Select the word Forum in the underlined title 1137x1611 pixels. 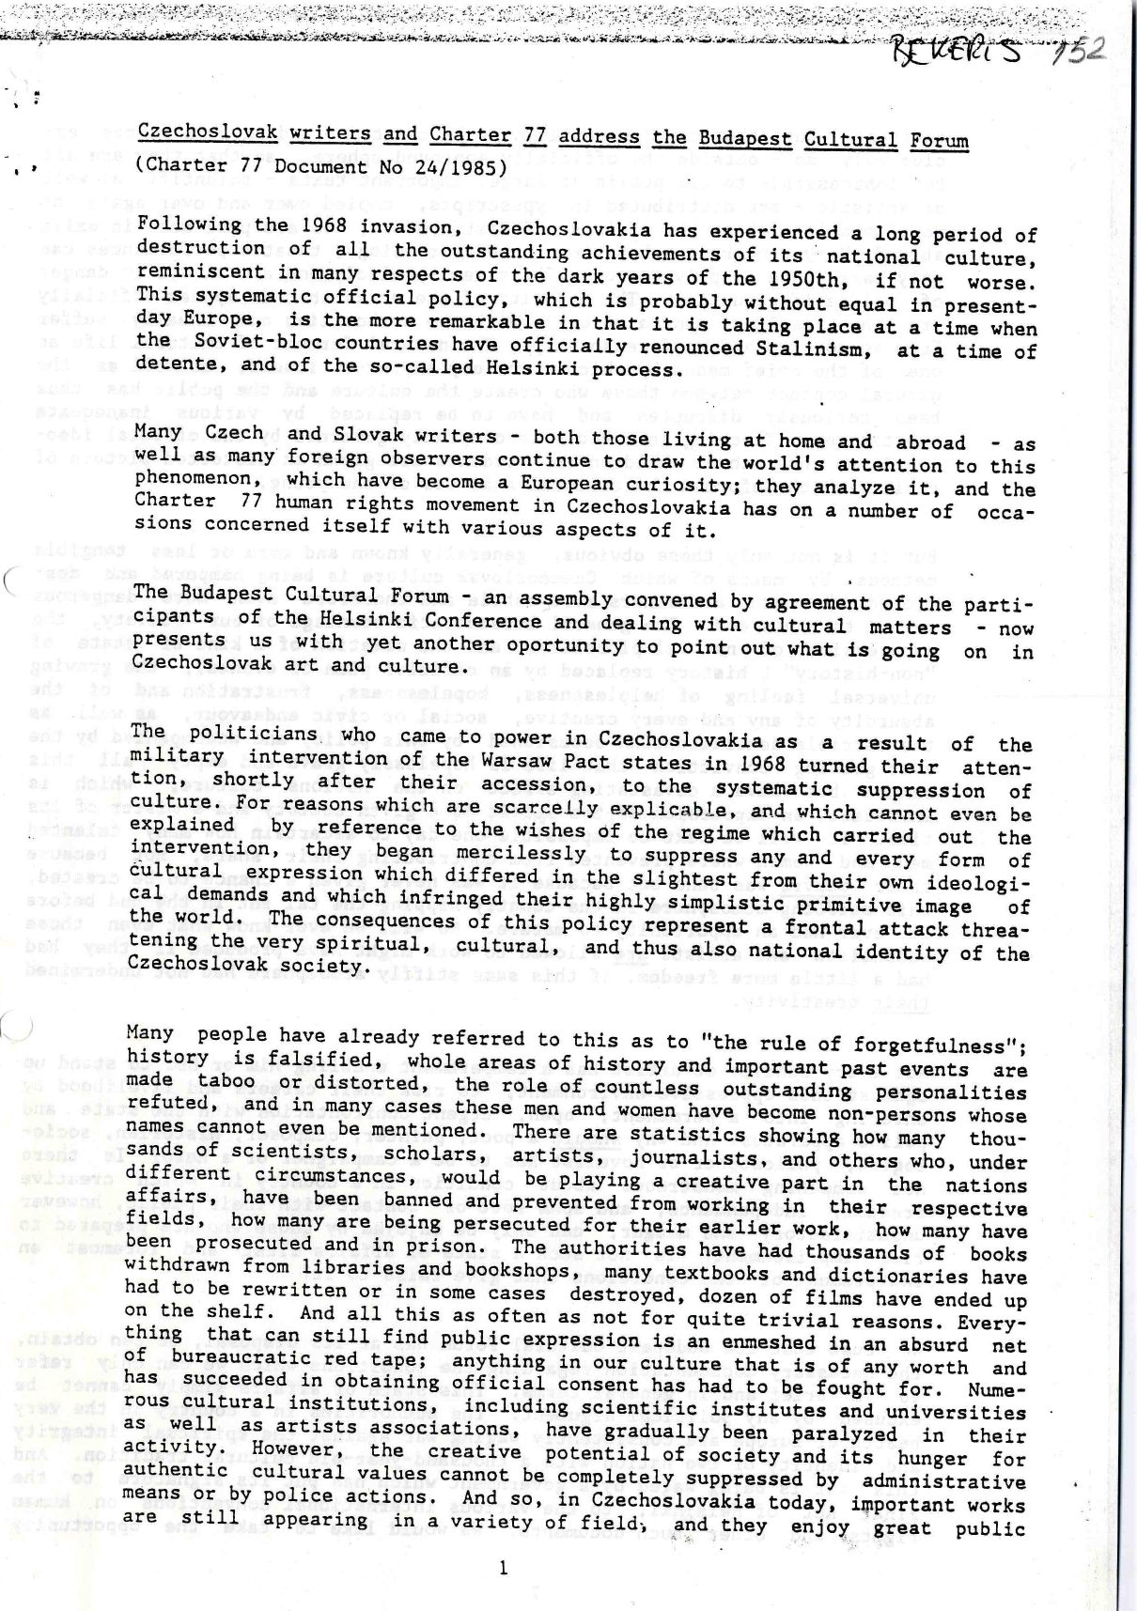939,141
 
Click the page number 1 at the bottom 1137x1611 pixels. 505,1567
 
